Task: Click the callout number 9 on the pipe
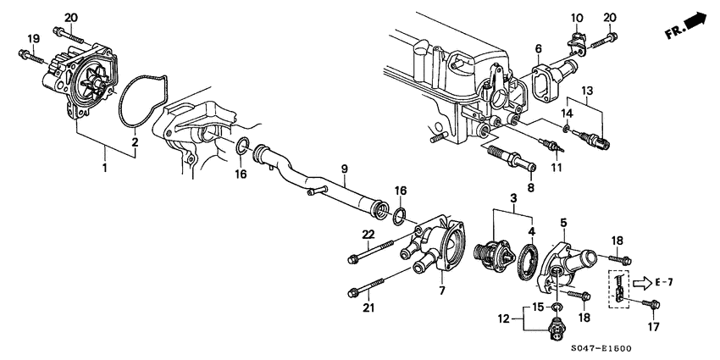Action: click(x=344, y=169)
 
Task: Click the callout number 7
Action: click(x=440, y=291)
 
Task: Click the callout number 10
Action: click(x=577, y=17)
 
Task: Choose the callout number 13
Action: click(x=587, y=90)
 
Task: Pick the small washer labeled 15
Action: click(x=557, y=305)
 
